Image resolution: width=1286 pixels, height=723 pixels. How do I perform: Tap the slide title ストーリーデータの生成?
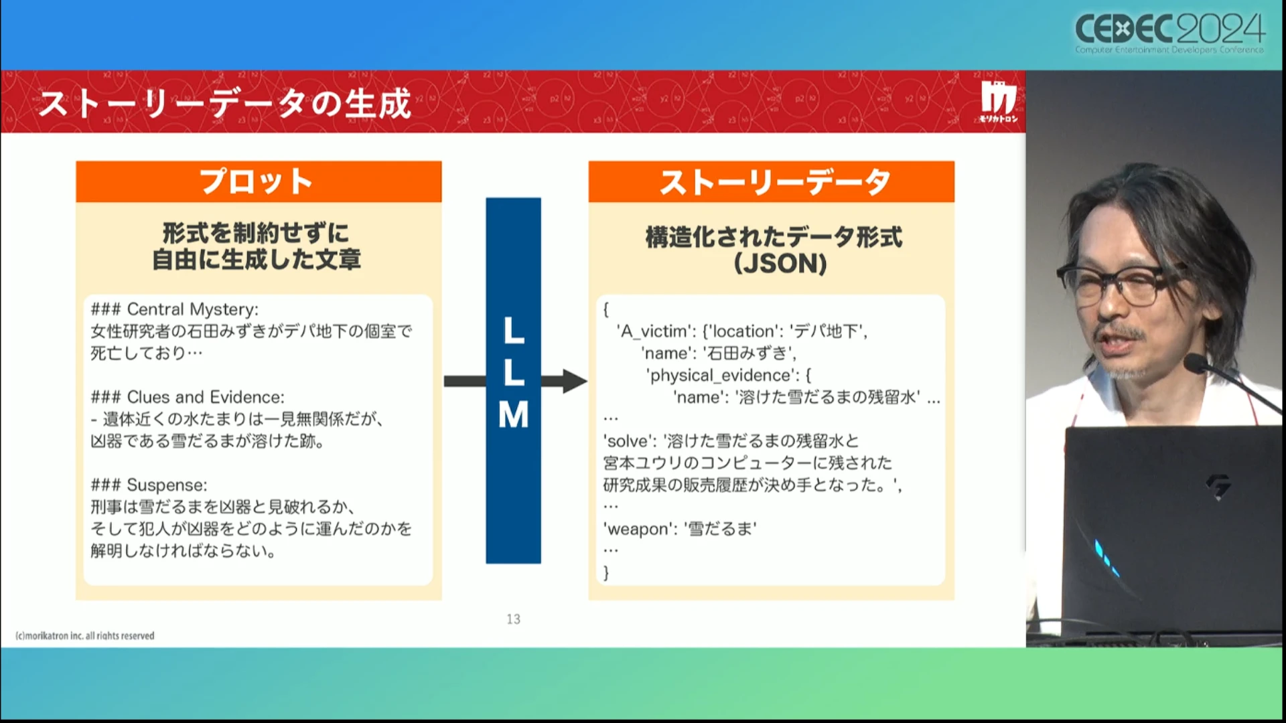coord(225,104)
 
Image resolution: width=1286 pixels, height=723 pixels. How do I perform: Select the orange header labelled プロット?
coord(259,181)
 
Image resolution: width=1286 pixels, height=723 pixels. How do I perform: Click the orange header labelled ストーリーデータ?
coord(771,181)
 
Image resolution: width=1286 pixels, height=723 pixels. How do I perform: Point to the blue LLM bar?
coord(513,380)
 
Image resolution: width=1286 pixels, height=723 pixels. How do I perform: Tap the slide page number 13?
coord(513,619)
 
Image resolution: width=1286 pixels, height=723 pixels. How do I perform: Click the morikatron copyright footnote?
coord(85,635)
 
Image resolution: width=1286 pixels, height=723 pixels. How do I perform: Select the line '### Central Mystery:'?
coord(174,309)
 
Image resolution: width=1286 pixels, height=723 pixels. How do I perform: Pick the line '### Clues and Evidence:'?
coord(188,397)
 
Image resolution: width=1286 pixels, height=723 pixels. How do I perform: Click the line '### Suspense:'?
coord(149,485)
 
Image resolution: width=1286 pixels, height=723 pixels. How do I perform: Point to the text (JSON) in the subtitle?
coord(780,263)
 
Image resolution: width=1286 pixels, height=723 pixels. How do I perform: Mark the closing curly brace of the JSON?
coord(606,572)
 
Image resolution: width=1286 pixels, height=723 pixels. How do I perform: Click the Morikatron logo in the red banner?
coord(999,102)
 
